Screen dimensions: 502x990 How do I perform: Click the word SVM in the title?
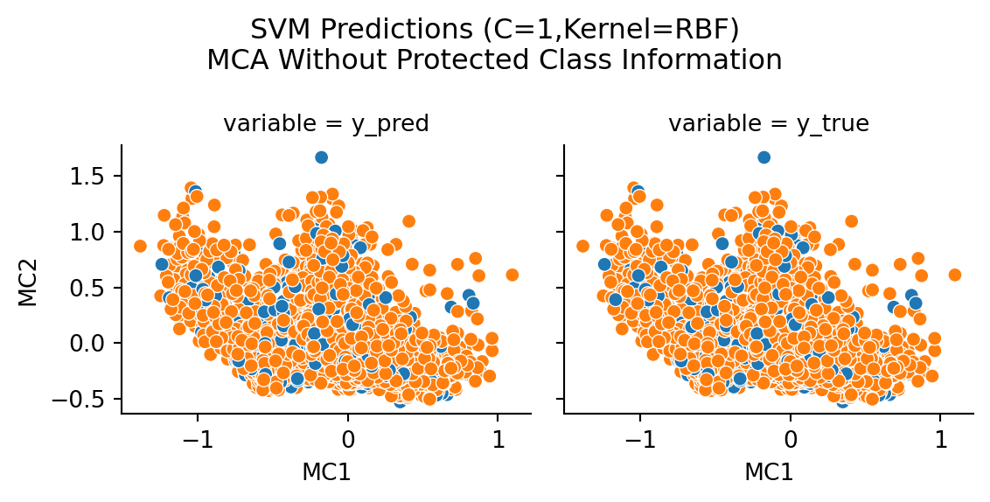click(x=275, y=30)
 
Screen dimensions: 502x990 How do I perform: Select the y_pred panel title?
click(x=326, y=124)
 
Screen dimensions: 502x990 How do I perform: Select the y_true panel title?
click(x=769, y=124)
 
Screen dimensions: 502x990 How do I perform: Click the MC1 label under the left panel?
click(x=326, y=473)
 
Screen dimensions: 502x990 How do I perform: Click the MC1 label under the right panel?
click(x=769, y=473)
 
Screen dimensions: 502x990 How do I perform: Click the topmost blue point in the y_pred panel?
click(x=321, y=157)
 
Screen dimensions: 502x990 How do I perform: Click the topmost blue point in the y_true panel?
click(x=763, y=157)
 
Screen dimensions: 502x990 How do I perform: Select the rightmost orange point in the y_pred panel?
click(x=512, y=275)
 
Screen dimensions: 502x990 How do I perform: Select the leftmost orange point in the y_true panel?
click(x=583, y=246)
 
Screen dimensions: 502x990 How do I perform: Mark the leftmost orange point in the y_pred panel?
click(x=141, y=246)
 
